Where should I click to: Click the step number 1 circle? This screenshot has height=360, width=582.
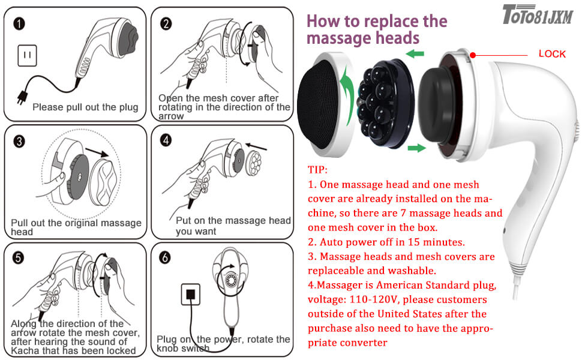pos(20,24)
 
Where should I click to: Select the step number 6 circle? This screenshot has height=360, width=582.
pos(166,257)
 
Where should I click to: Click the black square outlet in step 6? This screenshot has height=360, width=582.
pos(190,295)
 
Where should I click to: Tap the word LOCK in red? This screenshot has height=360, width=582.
pos(551,54)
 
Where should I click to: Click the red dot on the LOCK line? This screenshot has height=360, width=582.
pos(473,55)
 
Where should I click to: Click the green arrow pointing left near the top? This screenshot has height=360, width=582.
pos(412,55)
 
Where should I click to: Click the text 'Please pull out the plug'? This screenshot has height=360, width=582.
pos(85,107)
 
